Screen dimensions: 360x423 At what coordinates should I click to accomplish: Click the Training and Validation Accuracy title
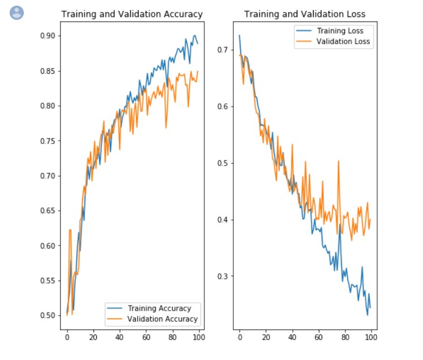(131, 14)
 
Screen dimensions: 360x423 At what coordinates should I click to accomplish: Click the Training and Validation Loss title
(305, 14)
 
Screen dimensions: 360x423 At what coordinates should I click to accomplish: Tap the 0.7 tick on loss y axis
(223, 50)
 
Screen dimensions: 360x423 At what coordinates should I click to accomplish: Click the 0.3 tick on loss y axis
(223, 276)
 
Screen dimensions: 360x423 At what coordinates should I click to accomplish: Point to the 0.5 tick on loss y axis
(223, 163)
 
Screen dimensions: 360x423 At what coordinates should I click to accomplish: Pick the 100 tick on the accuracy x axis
(198, 338)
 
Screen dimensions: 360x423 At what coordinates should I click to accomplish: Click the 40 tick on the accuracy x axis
(119, 338)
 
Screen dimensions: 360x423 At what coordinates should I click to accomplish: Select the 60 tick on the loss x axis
(318, 338)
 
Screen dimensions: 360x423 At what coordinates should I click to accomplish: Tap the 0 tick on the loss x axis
(240, 338)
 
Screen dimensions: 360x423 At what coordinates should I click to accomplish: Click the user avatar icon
(17, 12)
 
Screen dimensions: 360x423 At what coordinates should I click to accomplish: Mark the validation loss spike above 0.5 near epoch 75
(338, 162)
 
